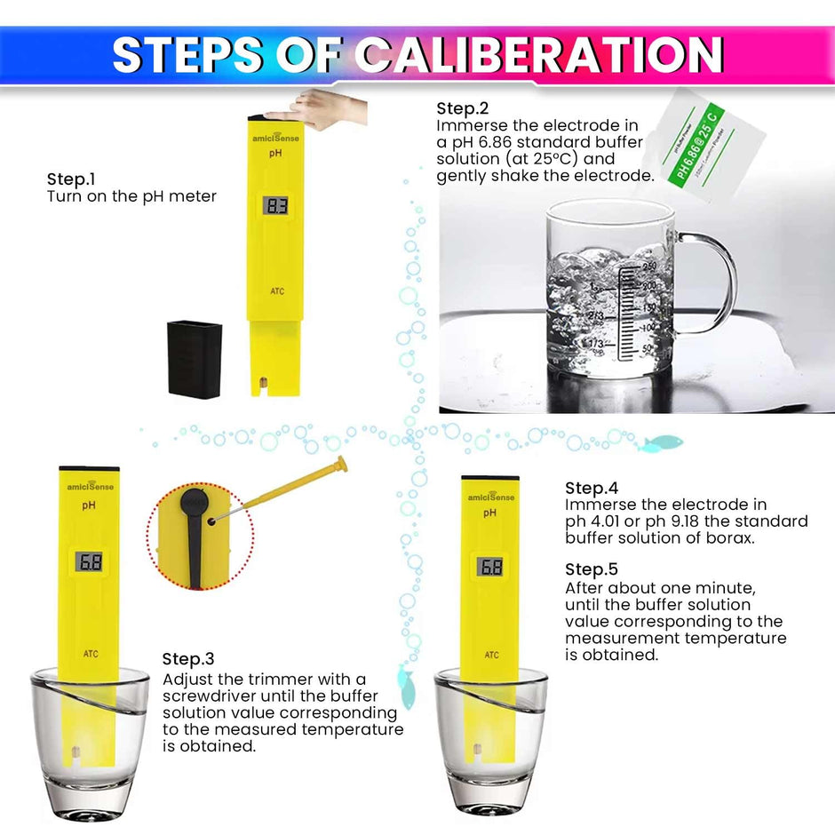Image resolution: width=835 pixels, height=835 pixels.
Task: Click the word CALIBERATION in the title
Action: (x=540, y=55)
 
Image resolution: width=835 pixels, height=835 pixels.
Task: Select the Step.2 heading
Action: (x=462, y=108)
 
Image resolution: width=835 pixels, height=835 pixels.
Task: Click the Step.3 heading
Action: (x=188, y=659)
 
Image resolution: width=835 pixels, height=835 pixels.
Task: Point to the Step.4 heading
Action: (x=592, y=488)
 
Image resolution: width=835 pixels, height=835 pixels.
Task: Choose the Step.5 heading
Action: (x=592, y=569)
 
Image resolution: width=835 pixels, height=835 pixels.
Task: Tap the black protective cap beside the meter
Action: (x=195, y=359)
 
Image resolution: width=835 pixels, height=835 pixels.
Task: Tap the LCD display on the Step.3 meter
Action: (x=90, y=561)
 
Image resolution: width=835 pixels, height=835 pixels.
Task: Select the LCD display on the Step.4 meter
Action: (x=490, y=567)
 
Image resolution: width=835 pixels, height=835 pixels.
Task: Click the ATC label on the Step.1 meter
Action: (x=277, y=291)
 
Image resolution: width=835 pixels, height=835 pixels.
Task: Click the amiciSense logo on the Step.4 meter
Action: (x=490, y=497)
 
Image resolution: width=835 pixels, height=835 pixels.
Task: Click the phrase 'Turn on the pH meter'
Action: (x=131, y=196)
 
